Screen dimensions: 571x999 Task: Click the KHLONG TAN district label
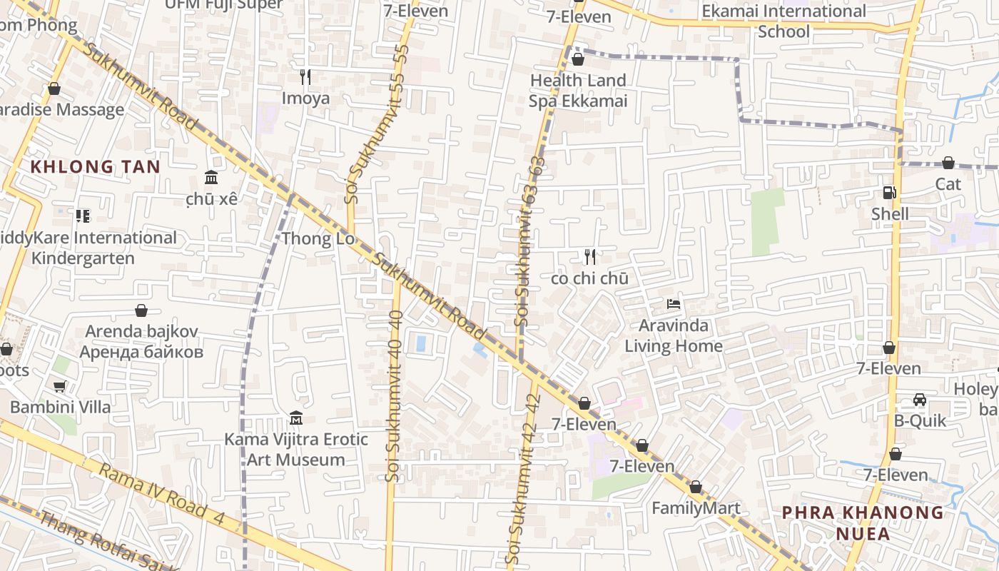pos(95,167)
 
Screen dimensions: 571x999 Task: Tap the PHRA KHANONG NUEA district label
pos(863,523)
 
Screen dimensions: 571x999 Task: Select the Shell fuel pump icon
pos(889,192)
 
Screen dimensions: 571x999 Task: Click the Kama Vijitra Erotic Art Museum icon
pos(296,418)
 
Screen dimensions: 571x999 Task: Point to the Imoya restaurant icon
pos(305,76)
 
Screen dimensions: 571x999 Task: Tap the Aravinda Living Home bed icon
pos(673,304)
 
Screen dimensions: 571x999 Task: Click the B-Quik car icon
pos(920,400)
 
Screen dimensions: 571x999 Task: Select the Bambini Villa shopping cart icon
pos(60,386)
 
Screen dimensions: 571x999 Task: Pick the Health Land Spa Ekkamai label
pos(577,91)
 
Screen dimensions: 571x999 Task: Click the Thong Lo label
pos(318,238)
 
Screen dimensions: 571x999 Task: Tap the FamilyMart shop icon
pos(696,487)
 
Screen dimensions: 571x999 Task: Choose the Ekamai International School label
pos(784,21)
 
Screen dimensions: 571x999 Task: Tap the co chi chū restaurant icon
pos(590,256)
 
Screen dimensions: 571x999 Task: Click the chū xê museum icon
pos(211,177)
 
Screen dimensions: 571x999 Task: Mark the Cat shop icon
pos(948,163)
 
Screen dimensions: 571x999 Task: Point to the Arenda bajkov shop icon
pos(141,310)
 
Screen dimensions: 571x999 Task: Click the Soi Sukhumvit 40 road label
pos(395,395)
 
